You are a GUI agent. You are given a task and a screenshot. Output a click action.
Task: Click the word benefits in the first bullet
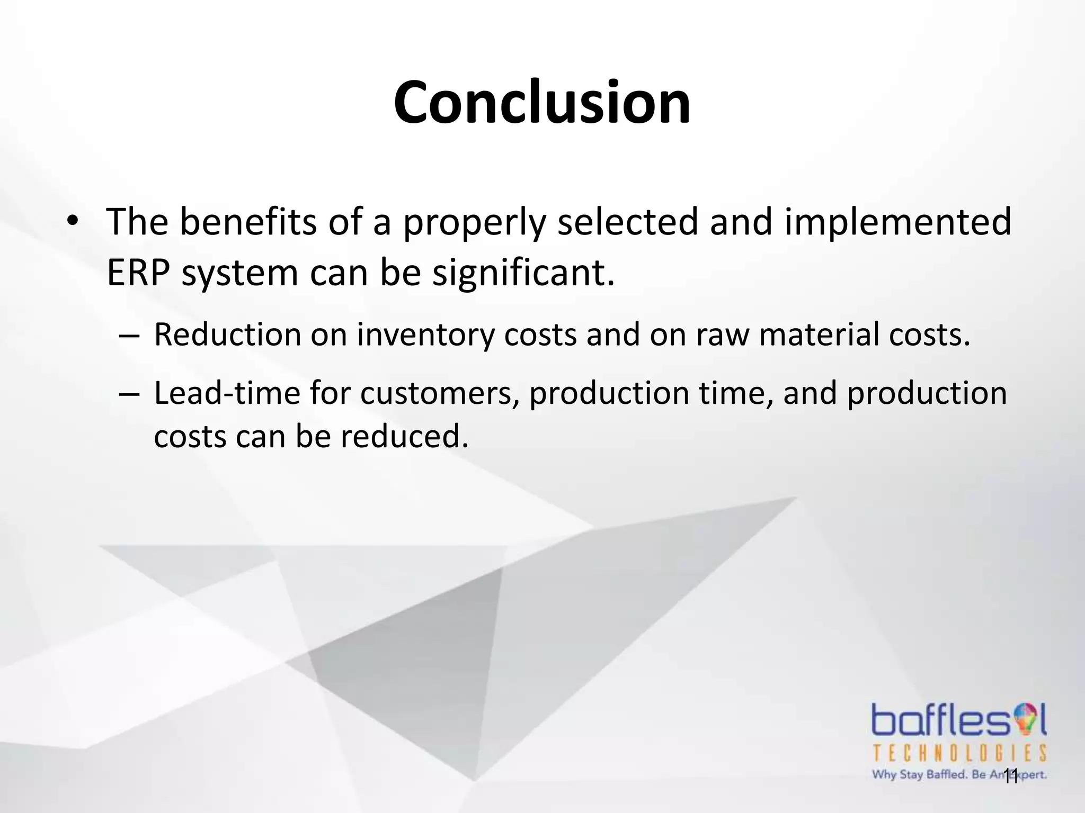pyautogui.click(x=247, y=222)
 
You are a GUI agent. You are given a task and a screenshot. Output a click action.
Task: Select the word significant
pyautogui.click(x=523, y=274)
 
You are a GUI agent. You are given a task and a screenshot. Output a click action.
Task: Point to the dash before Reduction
pyautogui.click(x=129, y=336)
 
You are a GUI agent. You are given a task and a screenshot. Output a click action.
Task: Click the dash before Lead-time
pyautogui.click(x=129, y=394)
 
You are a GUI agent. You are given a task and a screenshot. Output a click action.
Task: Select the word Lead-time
pyautogui.click(x=227, y=394)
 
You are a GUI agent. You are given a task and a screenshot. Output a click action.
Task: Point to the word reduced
pyautogui.click(x=404, y=438)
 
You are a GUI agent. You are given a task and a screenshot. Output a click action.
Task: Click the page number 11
pyautogui.click(x=1010, y=778)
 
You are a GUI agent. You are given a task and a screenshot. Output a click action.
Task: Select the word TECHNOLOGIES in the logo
pyautogui.click(x=959, y=753)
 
